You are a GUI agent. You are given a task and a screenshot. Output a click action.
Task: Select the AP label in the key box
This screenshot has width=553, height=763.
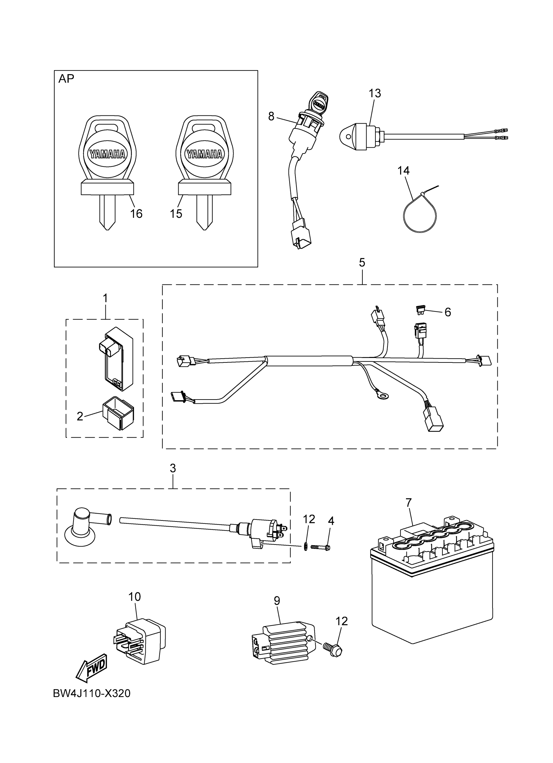tap(66, 78)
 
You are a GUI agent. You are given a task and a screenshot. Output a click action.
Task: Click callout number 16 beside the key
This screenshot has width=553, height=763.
tap(136, 213)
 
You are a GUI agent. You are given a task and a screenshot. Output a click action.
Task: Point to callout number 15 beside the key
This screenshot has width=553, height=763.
tap(176, 213)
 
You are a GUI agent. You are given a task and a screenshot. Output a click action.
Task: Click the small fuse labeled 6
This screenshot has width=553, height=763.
tap(420, 309)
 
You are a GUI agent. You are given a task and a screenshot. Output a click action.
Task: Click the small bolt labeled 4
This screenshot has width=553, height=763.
tap(320, 547)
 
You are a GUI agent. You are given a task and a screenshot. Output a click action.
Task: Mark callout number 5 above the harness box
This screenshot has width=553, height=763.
tap(362, 263)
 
